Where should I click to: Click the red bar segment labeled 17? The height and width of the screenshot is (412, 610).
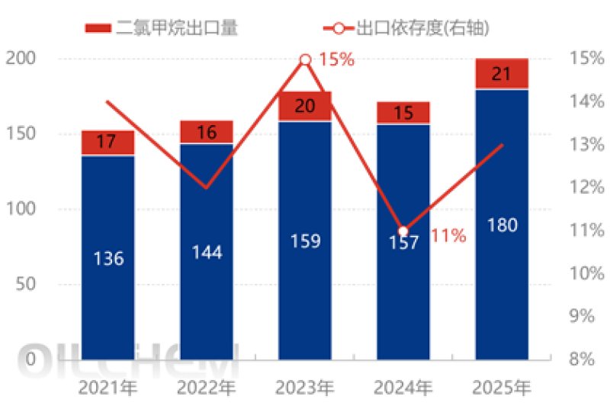click(x=108, y=143)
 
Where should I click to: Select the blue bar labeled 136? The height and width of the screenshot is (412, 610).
click(x=108, y=258)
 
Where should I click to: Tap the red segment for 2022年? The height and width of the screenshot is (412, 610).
click(x=207, y=132)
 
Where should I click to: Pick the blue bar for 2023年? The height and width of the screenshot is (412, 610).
click(x=305, y=240)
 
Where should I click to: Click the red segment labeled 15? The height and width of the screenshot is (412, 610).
click(x=403, y=113)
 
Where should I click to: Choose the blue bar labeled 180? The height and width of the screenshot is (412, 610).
click(x=502, y=225)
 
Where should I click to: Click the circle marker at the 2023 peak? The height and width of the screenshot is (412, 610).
click(x=305, y=60)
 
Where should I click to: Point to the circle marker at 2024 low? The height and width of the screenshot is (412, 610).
click(x=403, y=231)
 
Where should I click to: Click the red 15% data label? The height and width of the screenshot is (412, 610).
click(x=336, y=60)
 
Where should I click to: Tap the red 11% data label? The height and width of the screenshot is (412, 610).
click(x=448, y=236)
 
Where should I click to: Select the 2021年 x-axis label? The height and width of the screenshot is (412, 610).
click(x=108, y=388)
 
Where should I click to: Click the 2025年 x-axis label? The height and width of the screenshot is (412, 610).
click(x=502, y=388)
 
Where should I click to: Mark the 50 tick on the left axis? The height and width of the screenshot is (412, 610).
click(x=27, y=285)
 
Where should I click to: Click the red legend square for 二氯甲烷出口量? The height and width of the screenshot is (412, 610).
click(x=98, y=29)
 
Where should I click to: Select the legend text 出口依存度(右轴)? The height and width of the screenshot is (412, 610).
click(x=422, y=29)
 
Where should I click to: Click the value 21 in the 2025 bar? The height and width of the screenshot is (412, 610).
click(x=502, y=74)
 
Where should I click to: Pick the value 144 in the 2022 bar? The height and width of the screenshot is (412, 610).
click(x=207, y=252)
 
